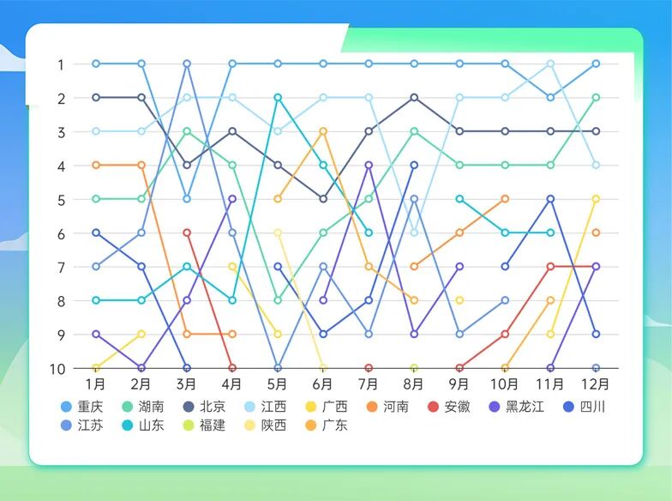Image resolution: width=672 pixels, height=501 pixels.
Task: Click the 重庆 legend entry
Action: click(x=82, y=407)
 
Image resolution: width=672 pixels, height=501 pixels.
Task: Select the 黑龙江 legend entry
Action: click(x=517, y=407)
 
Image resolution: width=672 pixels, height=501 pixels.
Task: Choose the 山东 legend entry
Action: click(x=143, y=425)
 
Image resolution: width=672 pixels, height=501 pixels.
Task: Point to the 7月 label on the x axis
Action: click(x=369, y=383)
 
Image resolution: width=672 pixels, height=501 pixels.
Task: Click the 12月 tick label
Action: click(x=596, y=383)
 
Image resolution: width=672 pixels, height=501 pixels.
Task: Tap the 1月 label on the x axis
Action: click(x=96, y=383)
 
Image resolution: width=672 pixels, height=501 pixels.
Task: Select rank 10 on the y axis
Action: click(x=59, y=369)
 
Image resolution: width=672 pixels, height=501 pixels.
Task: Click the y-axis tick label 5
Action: click(x=61, y=199)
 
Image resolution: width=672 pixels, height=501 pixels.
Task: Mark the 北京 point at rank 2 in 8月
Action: click(x=414, y=98)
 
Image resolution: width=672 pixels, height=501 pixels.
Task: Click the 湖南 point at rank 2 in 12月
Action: click(x=596, y=98)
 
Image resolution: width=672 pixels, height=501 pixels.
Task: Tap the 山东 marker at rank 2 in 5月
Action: click(x=278, y=98)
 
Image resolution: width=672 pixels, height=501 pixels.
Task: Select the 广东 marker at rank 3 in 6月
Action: click(x=323, y=131)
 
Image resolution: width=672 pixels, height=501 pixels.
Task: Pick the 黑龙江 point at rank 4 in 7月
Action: click(x=369, y=165)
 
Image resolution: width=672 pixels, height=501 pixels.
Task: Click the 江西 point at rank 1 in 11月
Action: click(x=550, y=63)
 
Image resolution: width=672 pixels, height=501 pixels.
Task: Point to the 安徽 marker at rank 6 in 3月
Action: click(x=187, y=232)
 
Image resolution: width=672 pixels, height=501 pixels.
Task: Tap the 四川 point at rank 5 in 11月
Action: click(x=550, y=199)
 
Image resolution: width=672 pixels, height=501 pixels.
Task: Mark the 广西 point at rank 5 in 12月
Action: click(x=596, y=199)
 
